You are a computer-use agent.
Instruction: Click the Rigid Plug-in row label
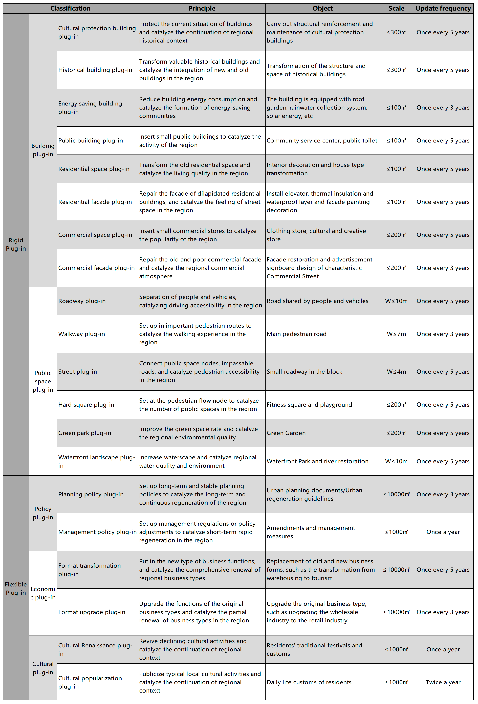click(x=16, y=244)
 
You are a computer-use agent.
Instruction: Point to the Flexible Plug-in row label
click(x=16, y=588)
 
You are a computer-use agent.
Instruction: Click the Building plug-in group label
click(x=43, y=150)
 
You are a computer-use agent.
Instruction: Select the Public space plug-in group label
click(x=43, y=381)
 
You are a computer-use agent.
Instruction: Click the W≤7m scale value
click(x=396, y=334)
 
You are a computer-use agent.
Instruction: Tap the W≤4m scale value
click(x=396, y=371)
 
